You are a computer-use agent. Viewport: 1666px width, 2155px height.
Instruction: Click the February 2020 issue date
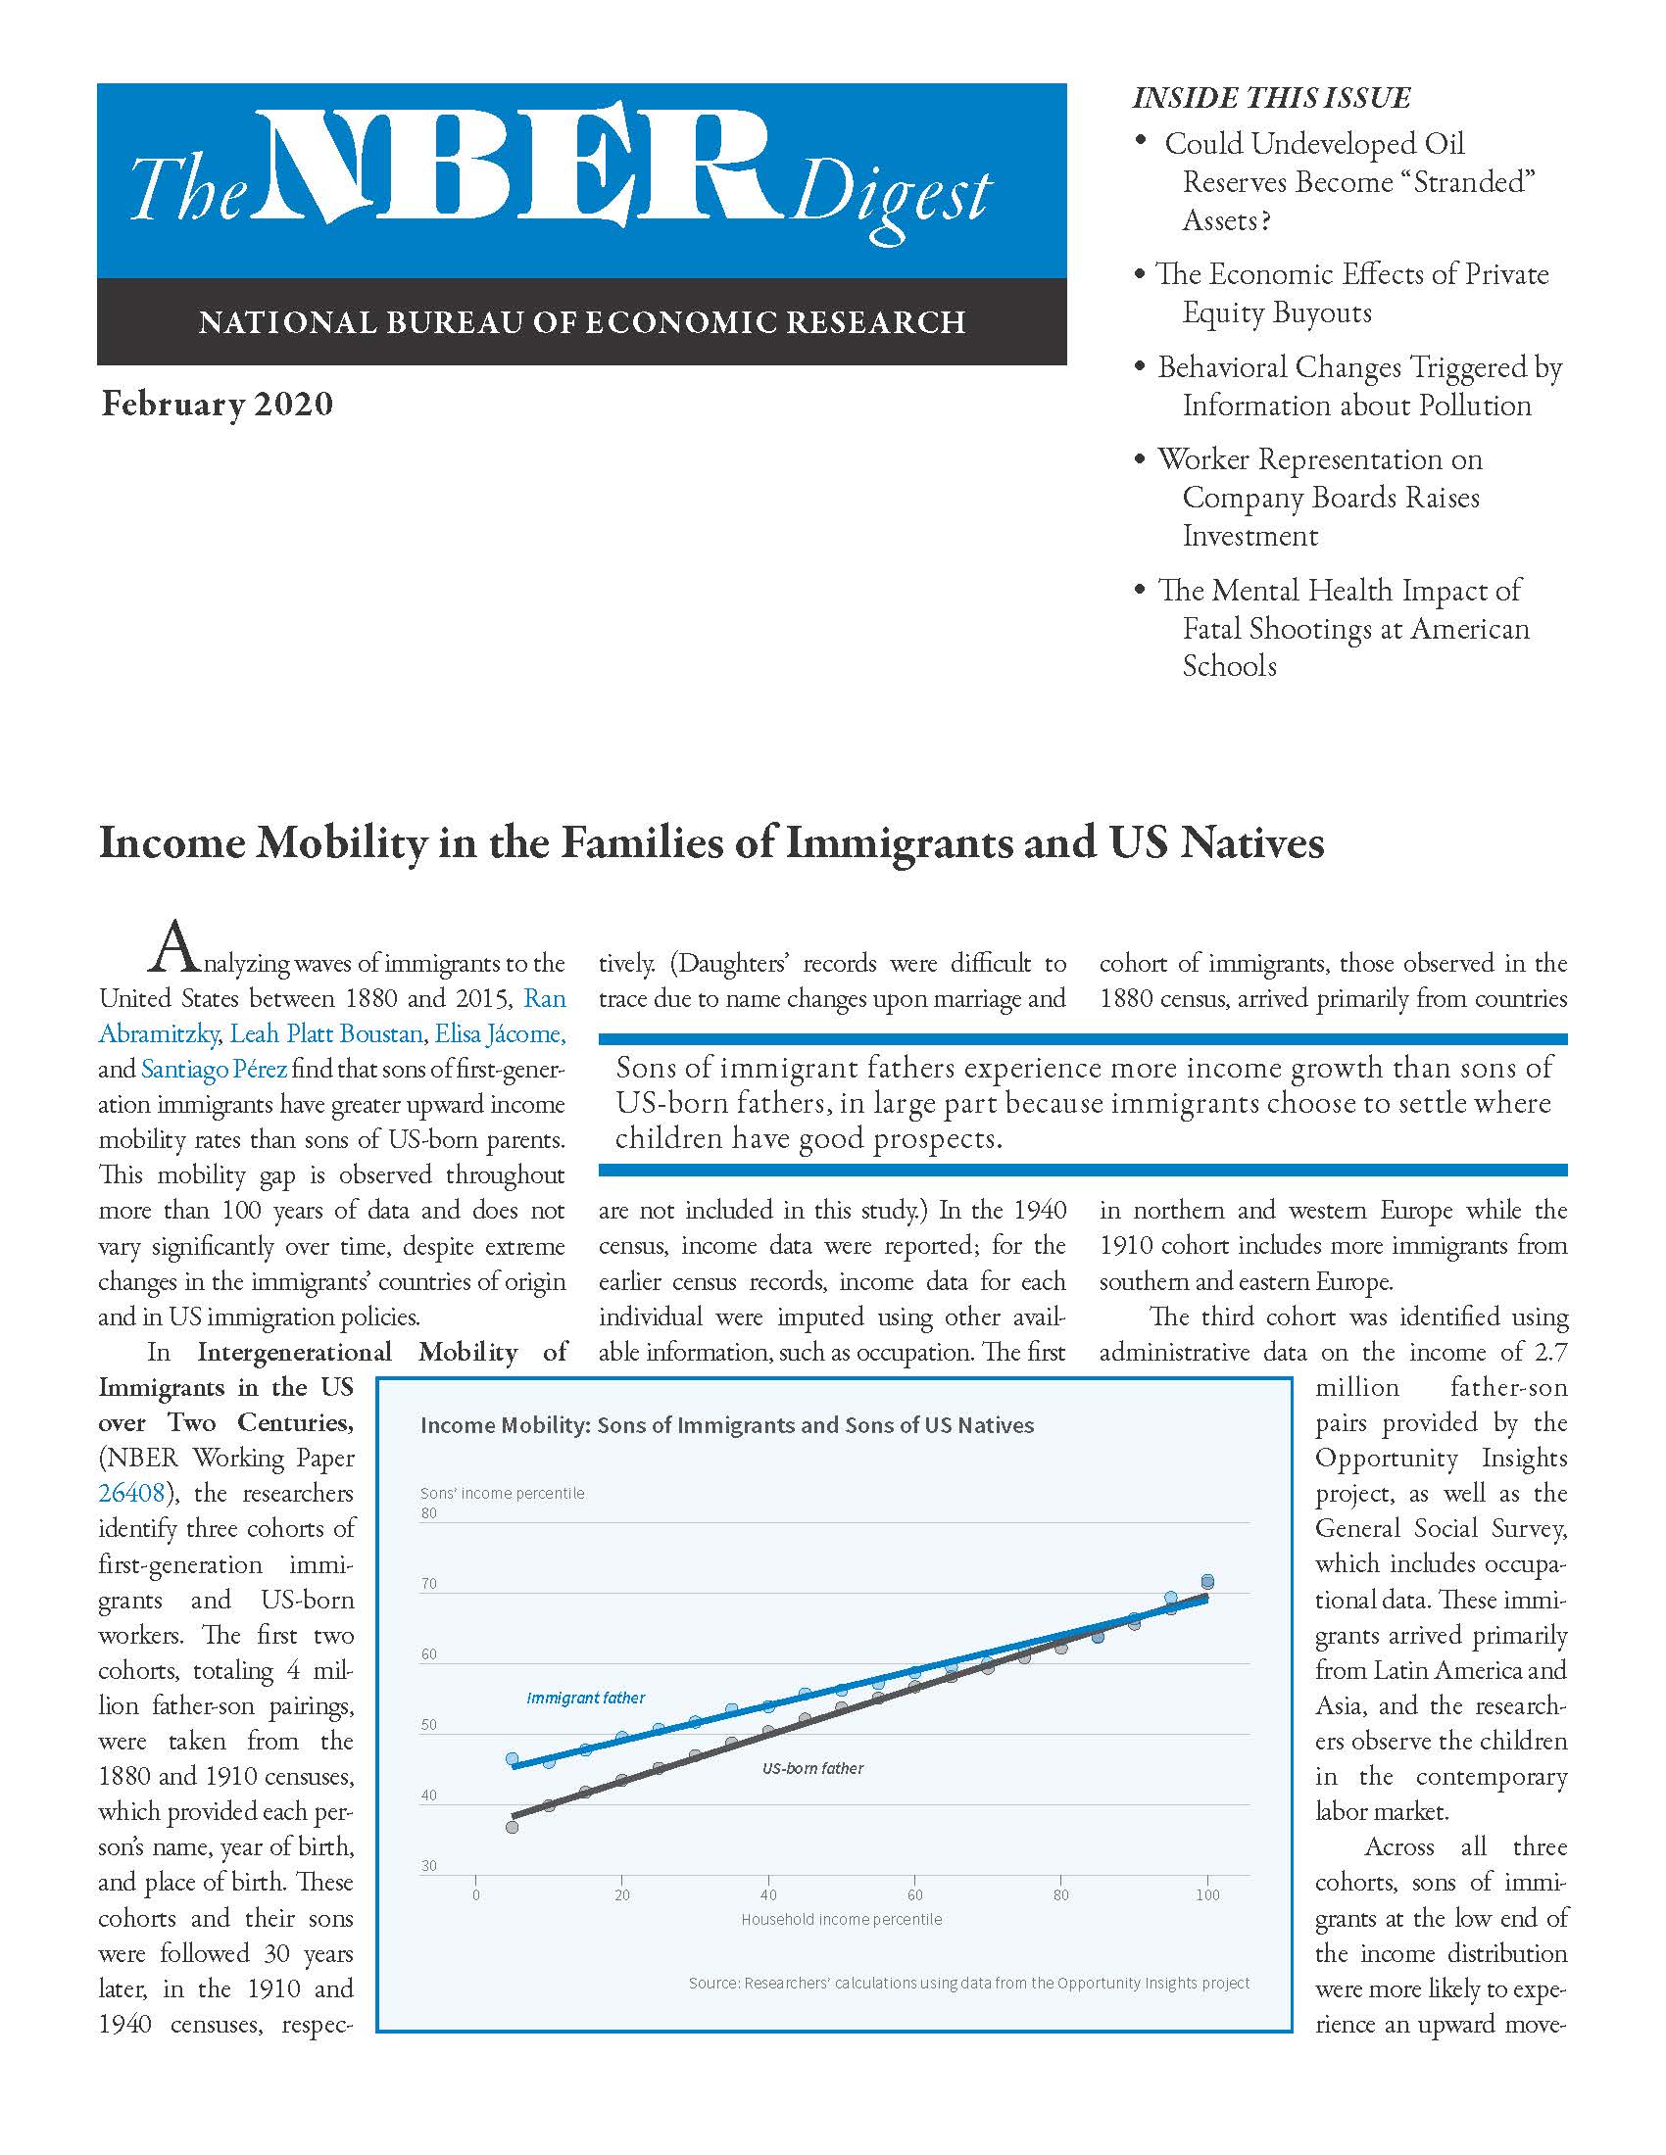point(218,405)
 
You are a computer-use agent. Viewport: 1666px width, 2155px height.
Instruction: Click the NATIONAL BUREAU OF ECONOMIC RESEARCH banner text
point(581,322)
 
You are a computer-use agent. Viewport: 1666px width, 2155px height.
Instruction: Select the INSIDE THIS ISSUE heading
point(1271,98)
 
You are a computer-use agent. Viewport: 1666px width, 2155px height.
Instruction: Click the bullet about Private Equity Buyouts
point(1352,293)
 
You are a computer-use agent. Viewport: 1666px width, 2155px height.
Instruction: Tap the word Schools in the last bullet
point(1230,666)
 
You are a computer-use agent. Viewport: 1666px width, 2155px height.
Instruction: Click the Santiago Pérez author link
point(215,1069)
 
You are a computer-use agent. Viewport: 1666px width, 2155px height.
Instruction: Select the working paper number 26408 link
point(131,1493)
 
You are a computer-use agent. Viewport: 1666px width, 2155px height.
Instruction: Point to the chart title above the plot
point(726,1425)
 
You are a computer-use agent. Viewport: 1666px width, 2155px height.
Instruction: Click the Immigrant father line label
point(585,1699)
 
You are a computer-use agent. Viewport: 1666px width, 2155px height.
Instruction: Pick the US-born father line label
point(812,1769)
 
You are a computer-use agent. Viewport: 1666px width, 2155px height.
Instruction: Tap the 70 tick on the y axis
point(429,1585)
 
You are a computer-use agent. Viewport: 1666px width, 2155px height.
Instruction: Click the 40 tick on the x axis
point(768,1894)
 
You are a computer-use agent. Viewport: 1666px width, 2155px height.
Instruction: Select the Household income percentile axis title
point(841,1919)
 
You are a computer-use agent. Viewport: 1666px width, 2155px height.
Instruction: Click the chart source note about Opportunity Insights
point(968,1984)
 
